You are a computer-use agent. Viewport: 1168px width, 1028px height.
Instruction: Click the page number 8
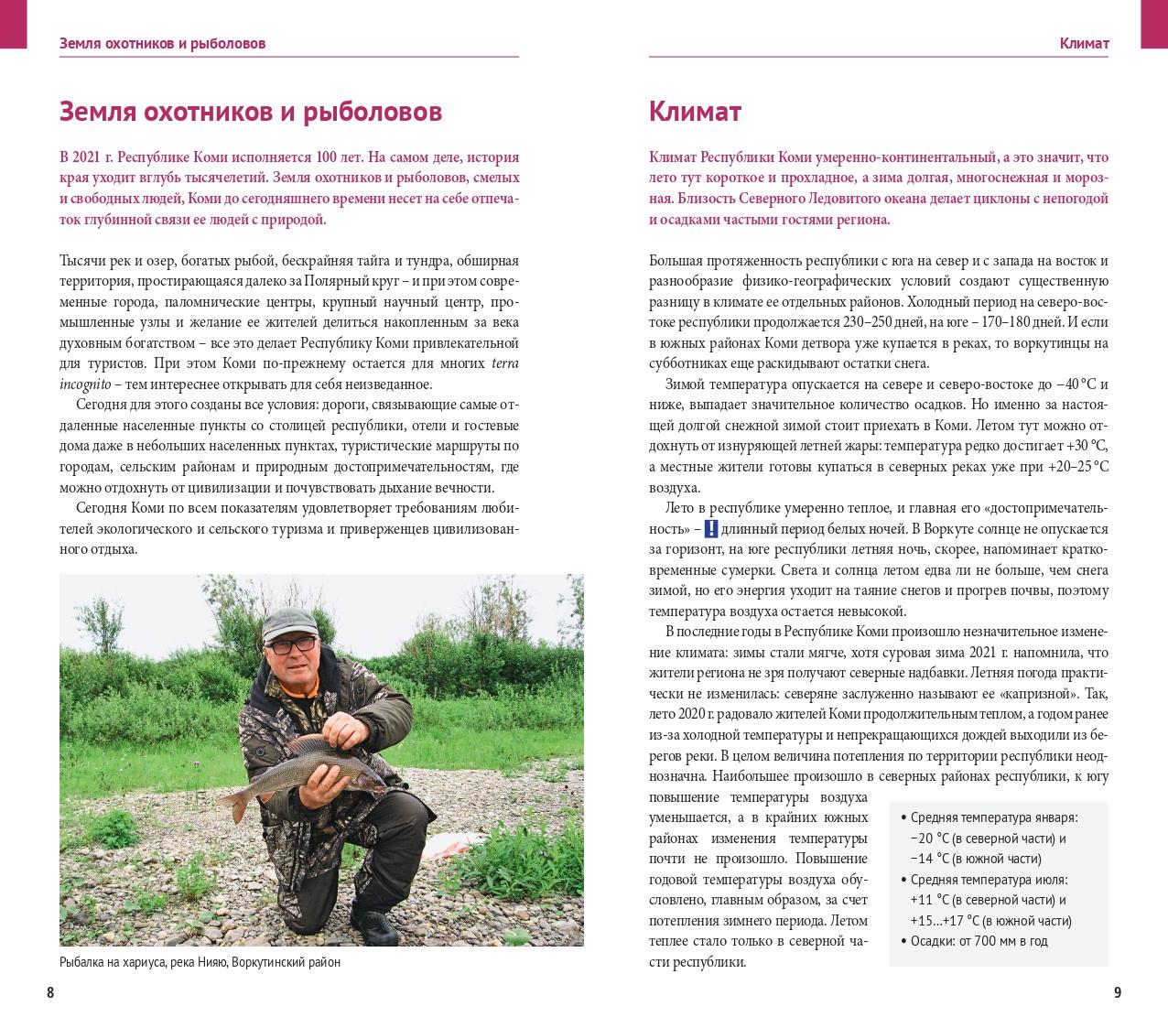[50, 992]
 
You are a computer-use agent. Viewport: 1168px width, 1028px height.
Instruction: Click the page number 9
[1117, 992]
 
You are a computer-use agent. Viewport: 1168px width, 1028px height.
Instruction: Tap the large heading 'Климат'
[695, 112]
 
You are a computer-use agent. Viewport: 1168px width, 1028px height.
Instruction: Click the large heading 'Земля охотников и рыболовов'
[250, 112]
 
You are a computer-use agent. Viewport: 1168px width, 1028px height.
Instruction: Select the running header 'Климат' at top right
[1084, 43]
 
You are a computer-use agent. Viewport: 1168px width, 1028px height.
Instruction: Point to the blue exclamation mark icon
[710, 529]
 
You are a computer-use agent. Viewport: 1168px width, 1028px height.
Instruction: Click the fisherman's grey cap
[287, 622]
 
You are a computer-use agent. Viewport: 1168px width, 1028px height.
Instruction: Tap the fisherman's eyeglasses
[295, 646]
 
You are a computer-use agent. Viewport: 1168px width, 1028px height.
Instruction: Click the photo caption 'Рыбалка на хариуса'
[200, 962]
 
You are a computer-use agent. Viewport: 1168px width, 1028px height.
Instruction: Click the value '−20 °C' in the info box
[929, 838]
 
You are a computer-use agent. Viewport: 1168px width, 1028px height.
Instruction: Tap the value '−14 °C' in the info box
[929, 859]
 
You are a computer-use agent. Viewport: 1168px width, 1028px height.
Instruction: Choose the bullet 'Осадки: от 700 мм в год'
[979, 941]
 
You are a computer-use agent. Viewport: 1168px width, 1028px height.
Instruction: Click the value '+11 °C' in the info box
[929, 900]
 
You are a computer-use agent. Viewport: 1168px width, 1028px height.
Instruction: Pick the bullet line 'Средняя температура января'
[993, 817]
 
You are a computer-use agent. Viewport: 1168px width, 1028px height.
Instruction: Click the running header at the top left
[162, 43]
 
